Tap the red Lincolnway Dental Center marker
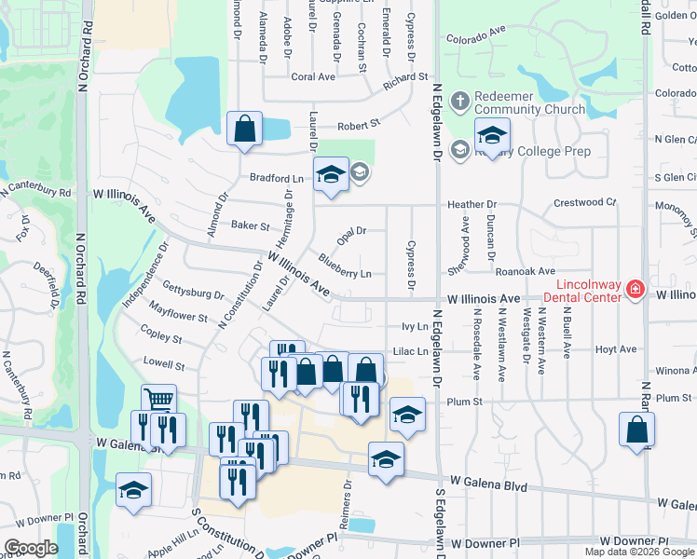pyautogui.click(x=635, y=290)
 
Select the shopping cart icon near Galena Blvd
pyautogui.click(x=159, y=399)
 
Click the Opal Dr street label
pyautogui.click(x=352, y=230)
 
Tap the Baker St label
pyautogui.click(x=250, y=225)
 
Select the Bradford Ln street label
pyautogui.click(x=277, y=177)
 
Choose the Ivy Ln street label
pyautogui.click(x=415, y=327)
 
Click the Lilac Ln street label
pyautogui.click(x=411, y=351)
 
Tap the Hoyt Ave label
pyautogui.click(x=615, y=349)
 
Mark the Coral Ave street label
pyautogui.click(x=313, y=77)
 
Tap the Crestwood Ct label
pyautogui.click(x=585, y=201)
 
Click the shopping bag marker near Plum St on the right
pyautogui.click(x=636, y=429)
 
